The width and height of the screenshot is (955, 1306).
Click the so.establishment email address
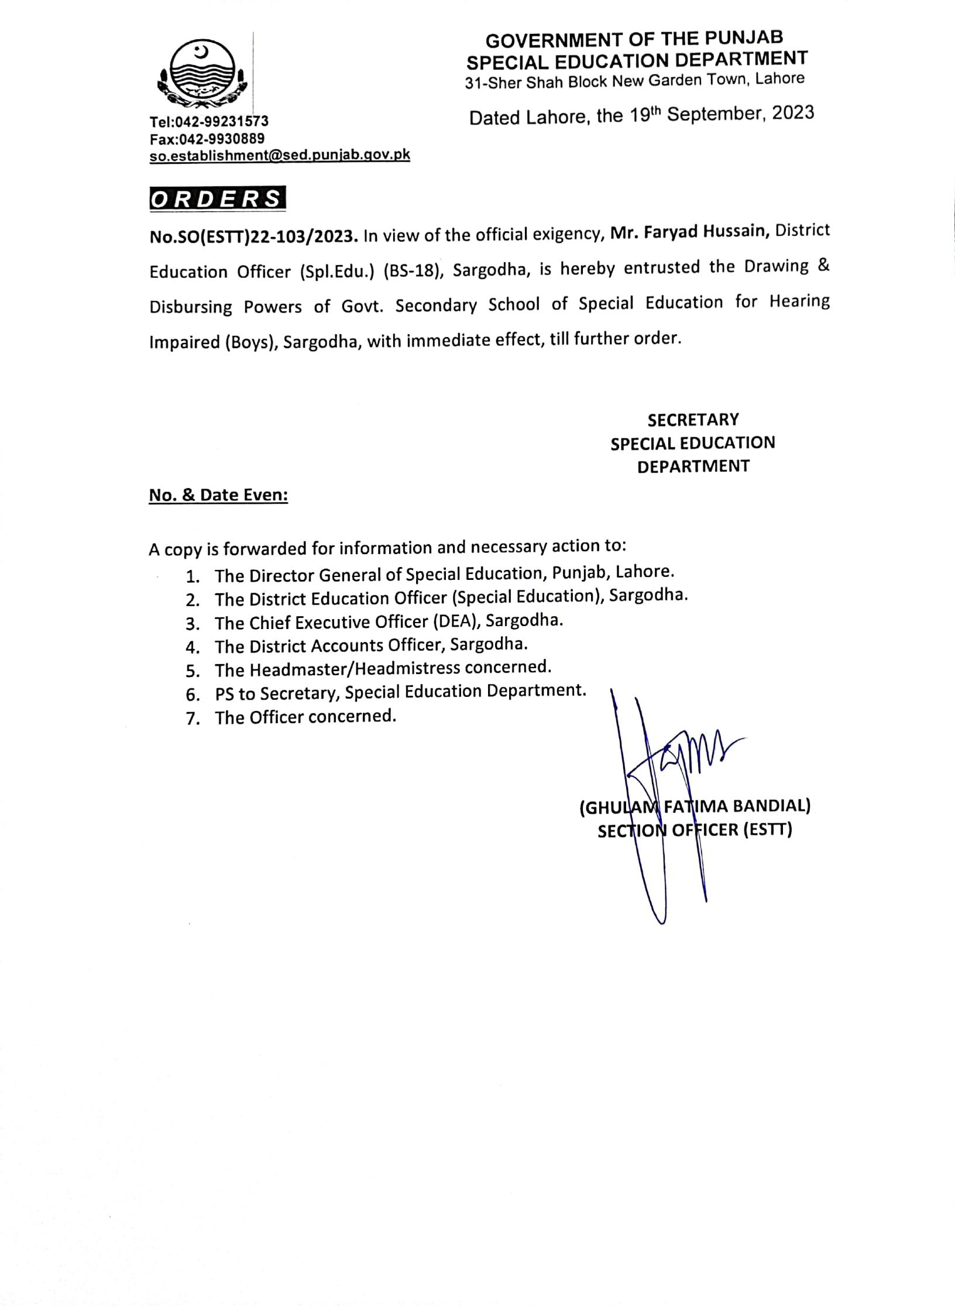(280, 155)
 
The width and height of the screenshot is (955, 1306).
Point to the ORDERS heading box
(218, 198)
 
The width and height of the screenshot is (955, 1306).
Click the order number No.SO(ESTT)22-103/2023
(253, 236)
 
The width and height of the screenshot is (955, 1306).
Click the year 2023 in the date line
(792, 112)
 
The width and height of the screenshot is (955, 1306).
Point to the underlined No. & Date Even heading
(218, 495)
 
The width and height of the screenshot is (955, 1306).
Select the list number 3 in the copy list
(193, 624)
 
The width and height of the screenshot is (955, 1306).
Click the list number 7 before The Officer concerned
(193, 719)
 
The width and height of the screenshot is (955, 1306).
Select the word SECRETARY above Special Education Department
(693, 420)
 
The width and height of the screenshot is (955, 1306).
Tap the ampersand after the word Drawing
(823, 266)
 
